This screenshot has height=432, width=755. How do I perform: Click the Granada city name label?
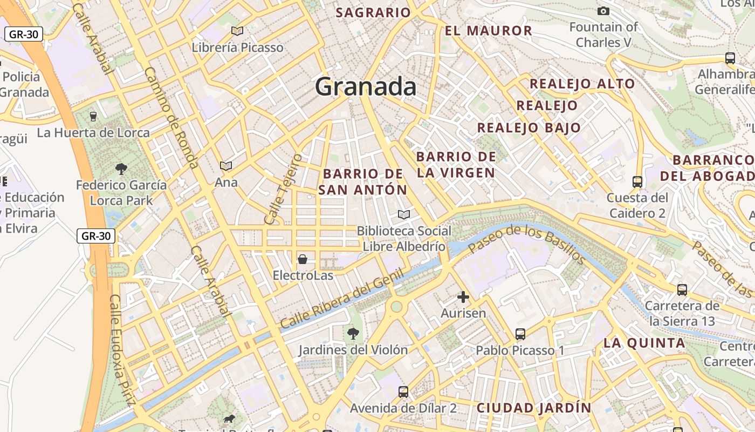(x=366, y=86)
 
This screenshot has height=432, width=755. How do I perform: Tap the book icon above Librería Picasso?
(x=237, y=31)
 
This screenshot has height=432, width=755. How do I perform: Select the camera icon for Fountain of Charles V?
(x=603, y=11)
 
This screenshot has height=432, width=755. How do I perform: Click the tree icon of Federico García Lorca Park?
(x=121, y=168)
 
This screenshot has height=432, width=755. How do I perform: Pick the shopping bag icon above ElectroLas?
(x=303, y=259)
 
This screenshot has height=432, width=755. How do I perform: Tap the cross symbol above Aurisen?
(x=463, y=296)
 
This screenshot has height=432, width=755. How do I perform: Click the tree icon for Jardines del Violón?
(x=353, y=333)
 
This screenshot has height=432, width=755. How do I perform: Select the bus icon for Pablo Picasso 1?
(x=520, y=334)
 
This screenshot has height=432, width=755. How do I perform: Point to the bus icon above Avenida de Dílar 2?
(x=403, y=392)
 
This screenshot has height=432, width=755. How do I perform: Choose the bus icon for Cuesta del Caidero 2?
(x=637, y=181)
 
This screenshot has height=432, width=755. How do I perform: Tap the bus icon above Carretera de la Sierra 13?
(x=682, y=289)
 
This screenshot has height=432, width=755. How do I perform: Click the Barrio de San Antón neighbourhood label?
(x=362, y=181)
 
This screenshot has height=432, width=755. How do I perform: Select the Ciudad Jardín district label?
(x=533, y=408)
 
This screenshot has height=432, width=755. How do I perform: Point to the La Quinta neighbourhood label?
(x=644, y=342)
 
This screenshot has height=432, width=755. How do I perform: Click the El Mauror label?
(x=489, y=31)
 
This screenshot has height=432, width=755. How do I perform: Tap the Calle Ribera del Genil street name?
(x=342, y=299)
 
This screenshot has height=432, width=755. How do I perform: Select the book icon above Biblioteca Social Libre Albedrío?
(x=404, y=214)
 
